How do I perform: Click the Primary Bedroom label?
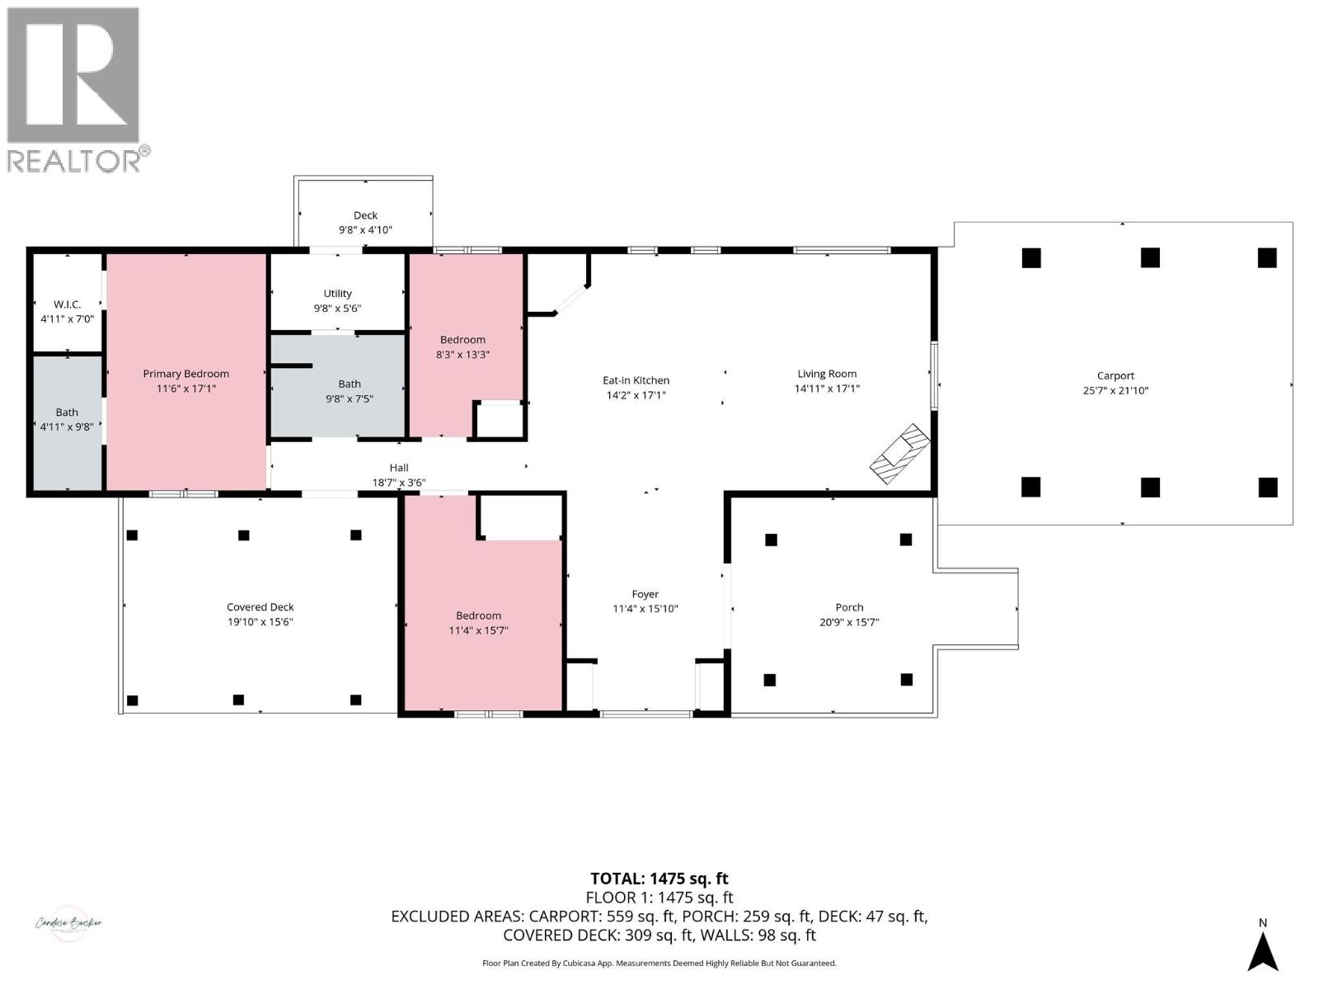[185, 374]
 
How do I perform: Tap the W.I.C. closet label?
[67, 304]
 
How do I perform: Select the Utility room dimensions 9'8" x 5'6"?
[337, 309]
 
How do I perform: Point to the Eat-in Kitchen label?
[636, 380]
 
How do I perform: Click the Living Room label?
[827, 374]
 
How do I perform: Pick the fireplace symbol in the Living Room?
[900, 453]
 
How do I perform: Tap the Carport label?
[1115, 375]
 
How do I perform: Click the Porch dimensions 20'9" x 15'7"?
[849, 622]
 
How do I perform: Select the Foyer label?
[645, 594]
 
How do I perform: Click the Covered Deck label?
[261, 607]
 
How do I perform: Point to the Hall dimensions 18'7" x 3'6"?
[399, 483]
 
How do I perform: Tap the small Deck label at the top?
[365, 215]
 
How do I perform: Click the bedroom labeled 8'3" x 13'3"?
[462, 346]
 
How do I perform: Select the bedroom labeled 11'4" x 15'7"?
[478, 623]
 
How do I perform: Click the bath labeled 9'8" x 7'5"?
[350, 391]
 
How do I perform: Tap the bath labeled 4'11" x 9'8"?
[67, 419]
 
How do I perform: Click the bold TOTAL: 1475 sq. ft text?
[659, 879]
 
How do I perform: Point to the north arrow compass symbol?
[1262, 950]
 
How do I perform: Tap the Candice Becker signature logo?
[68, 922]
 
